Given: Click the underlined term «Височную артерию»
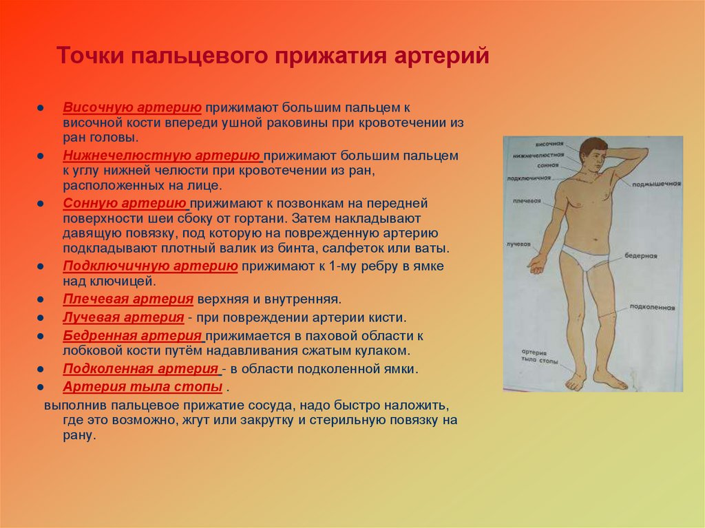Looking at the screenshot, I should [132, 108].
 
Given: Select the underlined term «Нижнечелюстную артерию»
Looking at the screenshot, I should [162, 156].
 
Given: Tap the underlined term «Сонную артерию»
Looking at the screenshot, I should [125, 204].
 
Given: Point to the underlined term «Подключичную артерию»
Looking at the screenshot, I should [150, 266].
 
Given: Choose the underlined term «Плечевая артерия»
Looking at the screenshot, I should [127, 299].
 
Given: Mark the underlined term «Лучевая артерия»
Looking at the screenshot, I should [123, 317].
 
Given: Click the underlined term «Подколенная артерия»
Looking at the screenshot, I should [140, 368].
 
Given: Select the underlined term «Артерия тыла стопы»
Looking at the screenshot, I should [143, 386].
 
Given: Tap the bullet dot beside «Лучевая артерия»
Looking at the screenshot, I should [41, 318].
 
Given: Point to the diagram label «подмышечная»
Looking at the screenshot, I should [656, 184].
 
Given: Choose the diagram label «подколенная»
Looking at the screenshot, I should [654, 307].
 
